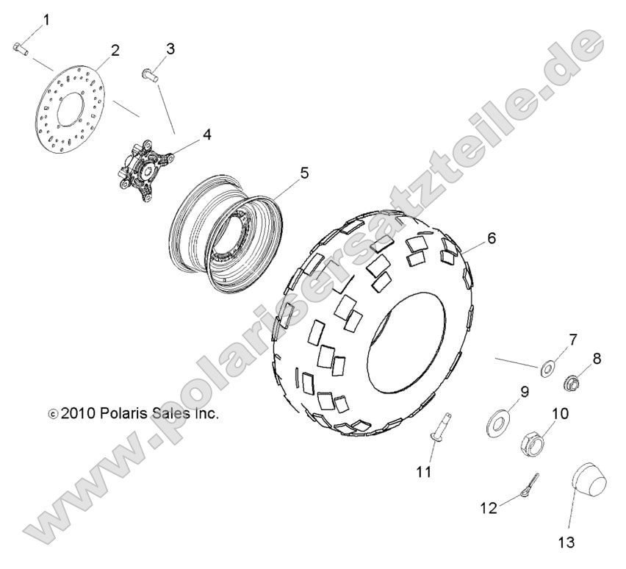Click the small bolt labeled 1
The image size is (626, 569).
tap(19, 49)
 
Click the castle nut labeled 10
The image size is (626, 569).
tap(533, 443)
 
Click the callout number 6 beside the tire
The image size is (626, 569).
tap(492, 238)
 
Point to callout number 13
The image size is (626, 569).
tap(566, 542)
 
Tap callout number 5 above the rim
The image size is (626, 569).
tap(304, 173)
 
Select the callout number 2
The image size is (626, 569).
tap(115, 51)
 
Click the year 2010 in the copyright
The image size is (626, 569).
tap(78, 413)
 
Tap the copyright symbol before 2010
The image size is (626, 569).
tap(53, 414)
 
